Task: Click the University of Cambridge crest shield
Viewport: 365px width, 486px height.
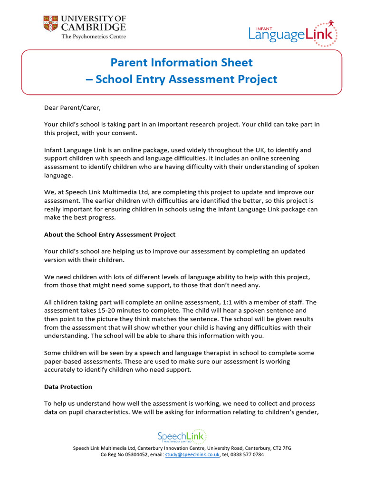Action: click(50, 24)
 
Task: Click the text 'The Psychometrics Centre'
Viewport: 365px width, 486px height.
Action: click(94, 37)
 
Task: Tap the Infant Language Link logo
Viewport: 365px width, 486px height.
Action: click(293, 33)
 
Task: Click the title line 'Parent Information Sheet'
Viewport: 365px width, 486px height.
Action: click(182, 63)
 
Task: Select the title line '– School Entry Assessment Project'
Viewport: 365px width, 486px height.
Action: click(182, 79)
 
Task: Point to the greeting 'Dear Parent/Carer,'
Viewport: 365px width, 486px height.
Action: click(73, 108)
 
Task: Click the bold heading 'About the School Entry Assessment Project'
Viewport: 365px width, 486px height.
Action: click(110, 234)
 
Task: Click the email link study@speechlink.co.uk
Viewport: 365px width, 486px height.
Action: click(192, 455)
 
